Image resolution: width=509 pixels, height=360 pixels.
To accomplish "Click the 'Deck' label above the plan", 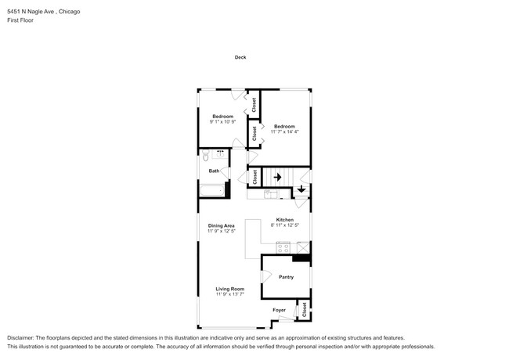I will (x=240, y=57).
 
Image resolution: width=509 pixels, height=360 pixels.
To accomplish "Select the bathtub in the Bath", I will (x=212, y=189).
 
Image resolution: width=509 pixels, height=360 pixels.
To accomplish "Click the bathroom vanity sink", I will (x=220, y=153).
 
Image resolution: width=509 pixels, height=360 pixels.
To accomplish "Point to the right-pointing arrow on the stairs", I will (x=276, y=177).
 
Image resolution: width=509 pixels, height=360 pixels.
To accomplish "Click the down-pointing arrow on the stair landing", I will (x=301, y=189).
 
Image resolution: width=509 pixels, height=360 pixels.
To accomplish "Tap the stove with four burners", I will (x=283, y=248).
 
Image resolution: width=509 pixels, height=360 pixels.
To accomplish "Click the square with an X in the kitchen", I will (x=303, y=248).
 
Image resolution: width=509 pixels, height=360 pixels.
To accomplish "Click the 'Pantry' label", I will (x=285, y=277).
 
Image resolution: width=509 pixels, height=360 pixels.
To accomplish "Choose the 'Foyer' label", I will (x=279, y=310).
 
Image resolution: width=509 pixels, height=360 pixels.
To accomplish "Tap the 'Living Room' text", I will (x=230, y=289).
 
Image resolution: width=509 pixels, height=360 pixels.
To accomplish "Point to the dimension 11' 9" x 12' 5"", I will (x=221, y=231).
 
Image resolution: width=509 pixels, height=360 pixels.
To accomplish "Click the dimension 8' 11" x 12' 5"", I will (x=283, y=225).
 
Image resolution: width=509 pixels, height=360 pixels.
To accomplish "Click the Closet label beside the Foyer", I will (x=304, y=310).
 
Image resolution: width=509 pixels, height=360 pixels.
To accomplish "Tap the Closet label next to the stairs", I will (x=254, y=177).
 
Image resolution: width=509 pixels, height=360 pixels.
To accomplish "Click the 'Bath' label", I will (x=214, y=171).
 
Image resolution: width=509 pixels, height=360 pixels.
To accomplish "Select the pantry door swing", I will (x=267, y=275).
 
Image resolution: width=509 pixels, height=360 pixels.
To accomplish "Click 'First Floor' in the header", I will (x=21, y=21).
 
